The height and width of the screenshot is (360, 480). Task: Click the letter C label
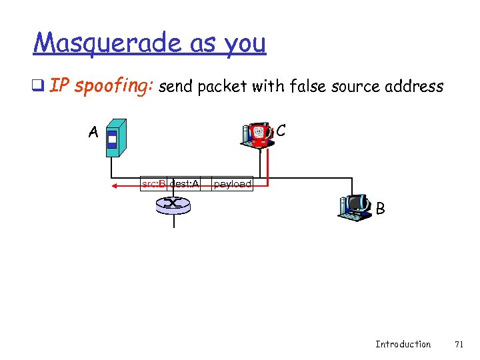point(281,131)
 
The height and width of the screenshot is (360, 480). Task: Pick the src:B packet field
point(153,183)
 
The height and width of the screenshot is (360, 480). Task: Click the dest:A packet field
point(184,183)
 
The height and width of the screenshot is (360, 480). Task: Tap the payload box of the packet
point(233,183)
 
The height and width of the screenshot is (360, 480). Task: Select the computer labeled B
point(355,207)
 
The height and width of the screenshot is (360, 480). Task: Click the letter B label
point(380,209)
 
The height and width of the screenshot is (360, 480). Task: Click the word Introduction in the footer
point(403,344)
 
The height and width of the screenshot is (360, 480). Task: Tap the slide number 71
point(459,344)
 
